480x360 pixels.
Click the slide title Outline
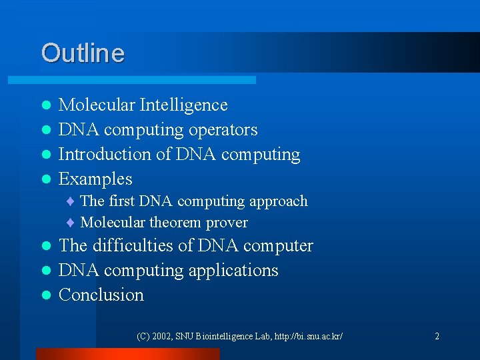pyautogui.click(x=83, y=53)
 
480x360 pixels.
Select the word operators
pyautogui.click(x=223, y=130)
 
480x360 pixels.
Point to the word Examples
pyautogui.click(x=95, y=179)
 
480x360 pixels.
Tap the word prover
pyautogui.click(x=227, y=223)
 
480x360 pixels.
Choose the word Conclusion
pyautogui.click(x=101, y=295)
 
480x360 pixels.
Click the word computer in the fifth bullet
pyautogui.click(x=278, y=246)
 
